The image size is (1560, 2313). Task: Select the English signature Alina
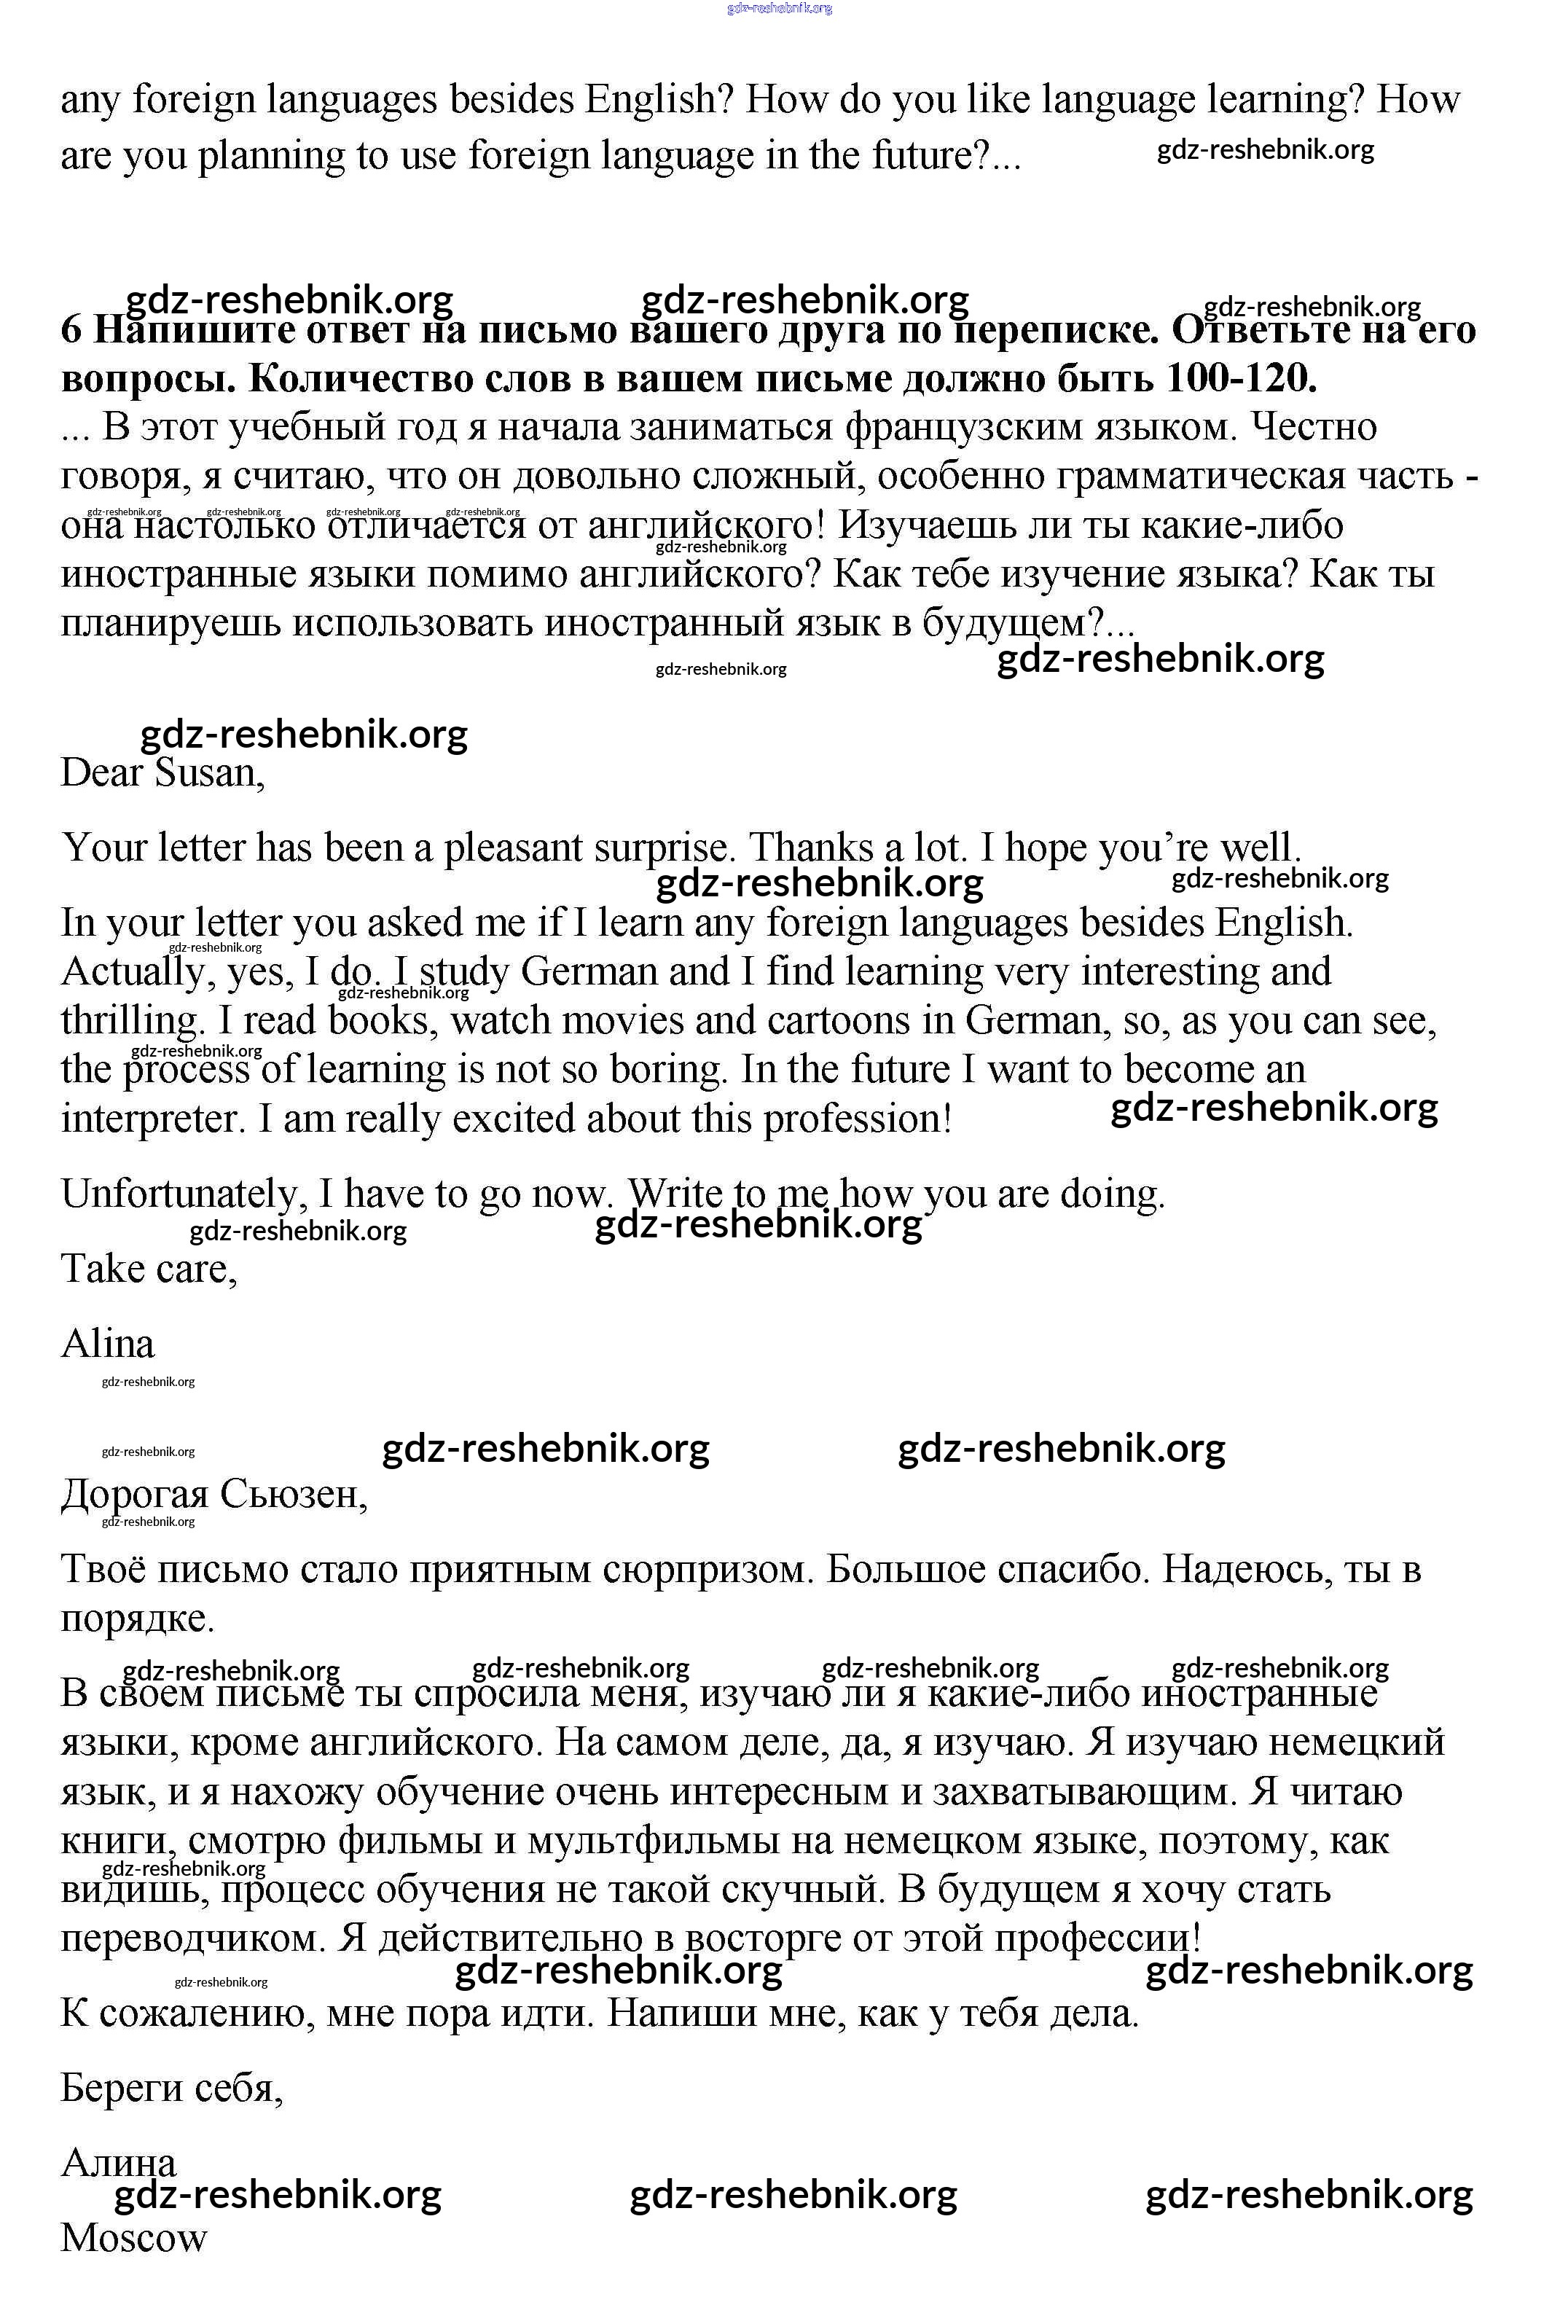107,1344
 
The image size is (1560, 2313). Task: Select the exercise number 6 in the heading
71,329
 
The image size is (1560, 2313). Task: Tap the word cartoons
879,1021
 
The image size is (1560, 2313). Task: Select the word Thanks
807,848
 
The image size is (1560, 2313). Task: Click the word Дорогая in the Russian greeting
134,1494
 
